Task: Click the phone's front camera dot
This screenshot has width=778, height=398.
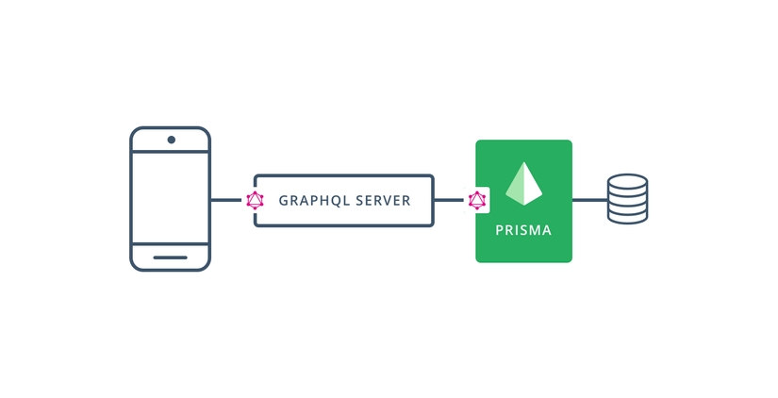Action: pos(171,141)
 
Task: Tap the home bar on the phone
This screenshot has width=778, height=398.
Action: pos(170,257)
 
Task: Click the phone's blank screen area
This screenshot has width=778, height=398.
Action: pos(170,199)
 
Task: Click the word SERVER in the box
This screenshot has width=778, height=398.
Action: pos(384,201)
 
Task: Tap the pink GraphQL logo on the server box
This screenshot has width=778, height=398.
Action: pos(255,200)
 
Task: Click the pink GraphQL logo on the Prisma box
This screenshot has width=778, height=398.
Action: pos(477,200)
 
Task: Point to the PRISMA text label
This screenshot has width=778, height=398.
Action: pos(523,230)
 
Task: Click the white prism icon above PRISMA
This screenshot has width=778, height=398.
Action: pos(523,185)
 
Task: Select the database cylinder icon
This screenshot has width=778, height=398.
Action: pos(627,199)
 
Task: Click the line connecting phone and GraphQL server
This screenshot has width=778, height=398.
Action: pos(227,200)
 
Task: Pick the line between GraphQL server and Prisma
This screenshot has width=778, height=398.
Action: pos(450,200)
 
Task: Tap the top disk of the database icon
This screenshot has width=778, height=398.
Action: pos(627,181)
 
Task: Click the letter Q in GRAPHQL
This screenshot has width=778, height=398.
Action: pos(335,201)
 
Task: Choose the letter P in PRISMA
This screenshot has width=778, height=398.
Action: pos(499,230)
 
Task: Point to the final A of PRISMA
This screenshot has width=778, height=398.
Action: pos(548,230)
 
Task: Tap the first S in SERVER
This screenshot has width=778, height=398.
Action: pos(359,201)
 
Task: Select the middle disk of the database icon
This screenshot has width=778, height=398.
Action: pos(627,199)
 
